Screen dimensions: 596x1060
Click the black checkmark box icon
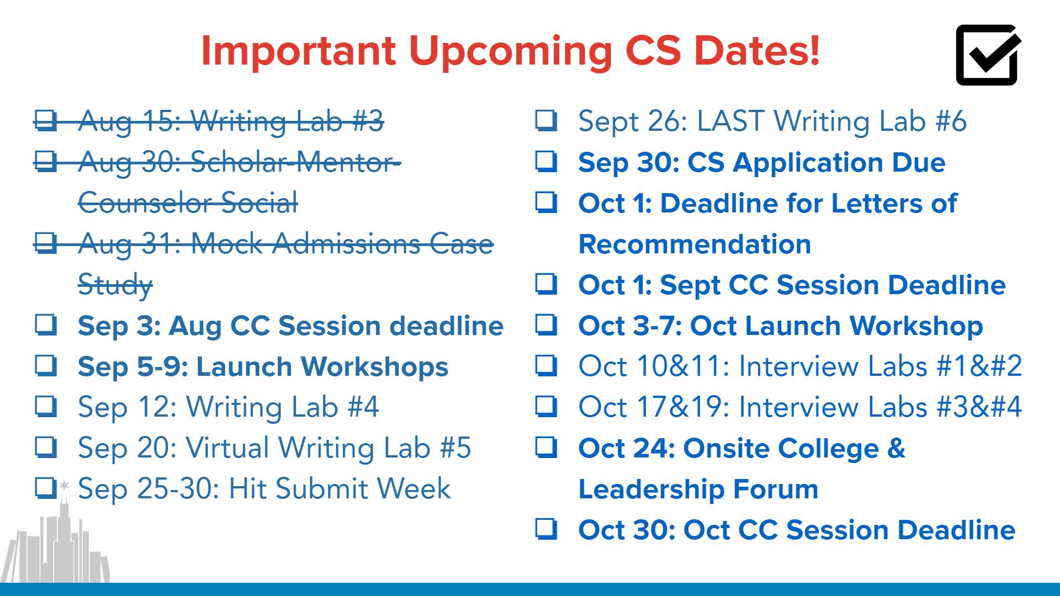coord(987,55)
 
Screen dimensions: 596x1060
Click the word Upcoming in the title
coord(510,51)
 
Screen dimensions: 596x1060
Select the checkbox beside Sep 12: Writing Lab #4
coord(46,406)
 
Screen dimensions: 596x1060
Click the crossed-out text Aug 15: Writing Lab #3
coord(231,121)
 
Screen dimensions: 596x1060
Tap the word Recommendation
coord(695,244)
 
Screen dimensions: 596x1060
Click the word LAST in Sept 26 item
coord(731,121)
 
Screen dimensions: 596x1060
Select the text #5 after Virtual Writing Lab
coord(455,448)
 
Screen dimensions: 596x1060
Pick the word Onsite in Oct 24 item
coord(726,448)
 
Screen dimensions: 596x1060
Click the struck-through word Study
coord(115,285)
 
